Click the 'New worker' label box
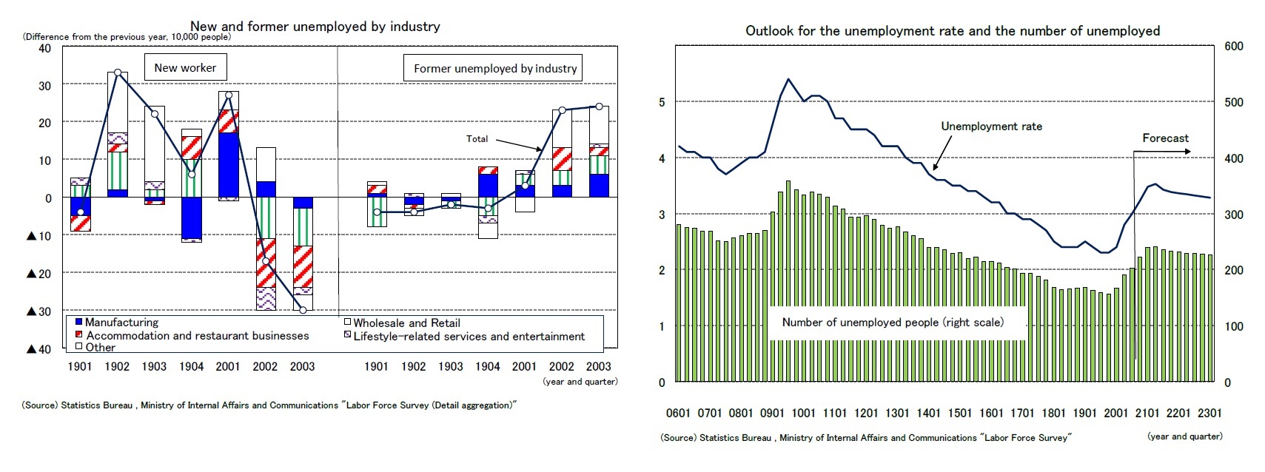click(185, 67)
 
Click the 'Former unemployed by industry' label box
click(494, 68)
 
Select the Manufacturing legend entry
click(121, 323)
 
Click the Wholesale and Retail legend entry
click(406, 323)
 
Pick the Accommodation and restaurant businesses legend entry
click(197, 336)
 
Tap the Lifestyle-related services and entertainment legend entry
click(468, 337)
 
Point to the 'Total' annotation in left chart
click(477, 138)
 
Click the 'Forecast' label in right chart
click(1165, 138)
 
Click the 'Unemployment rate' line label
click(991, 127)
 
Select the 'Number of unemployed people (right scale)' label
click(893, 323)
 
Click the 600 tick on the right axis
click(1233, 46)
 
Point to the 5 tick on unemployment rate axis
click(662, 102)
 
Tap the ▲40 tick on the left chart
click(38, 349)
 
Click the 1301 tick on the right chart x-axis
click(897, 413)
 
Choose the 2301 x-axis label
click(1209, 413)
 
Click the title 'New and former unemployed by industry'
click(315, 27)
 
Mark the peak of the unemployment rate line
click(788, 78)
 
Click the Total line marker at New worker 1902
click(118, 73)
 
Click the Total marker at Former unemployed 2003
click(599, 107)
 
